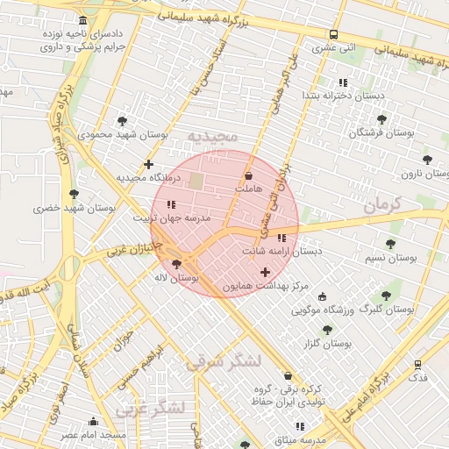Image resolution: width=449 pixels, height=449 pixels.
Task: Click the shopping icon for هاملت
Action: coord(248,175)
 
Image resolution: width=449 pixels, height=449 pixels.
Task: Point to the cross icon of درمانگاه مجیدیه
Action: coord(148,164)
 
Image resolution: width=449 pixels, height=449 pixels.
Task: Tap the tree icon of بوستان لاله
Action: coord(177,263)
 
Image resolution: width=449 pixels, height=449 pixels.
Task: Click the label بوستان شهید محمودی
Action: coord(122,135)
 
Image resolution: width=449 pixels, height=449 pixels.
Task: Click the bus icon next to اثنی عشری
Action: coord(331,35)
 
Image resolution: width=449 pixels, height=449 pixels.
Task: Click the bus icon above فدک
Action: coord(417,363)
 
